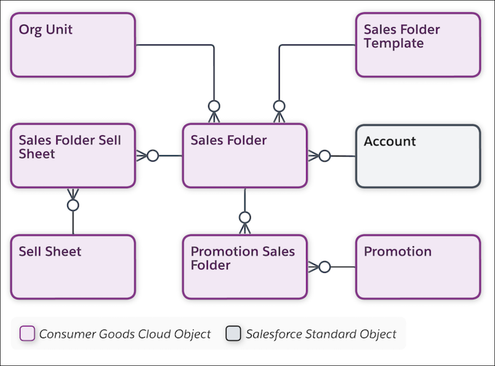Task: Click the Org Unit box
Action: [x=72, y=45]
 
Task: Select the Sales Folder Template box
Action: [x=418, y=45]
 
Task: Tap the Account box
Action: [x=418, y=156]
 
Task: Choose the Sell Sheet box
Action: [x=72, y=267]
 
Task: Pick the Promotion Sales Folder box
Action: [x=244, y=267]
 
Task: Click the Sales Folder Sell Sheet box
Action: [x=72, y=156]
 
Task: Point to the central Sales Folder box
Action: [x=244, y=156]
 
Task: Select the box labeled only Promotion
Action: [x=418, y=267]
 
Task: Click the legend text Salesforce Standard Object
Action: [x=321, y=334]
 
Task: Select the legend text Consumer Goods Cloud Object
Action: [x=125, y=334]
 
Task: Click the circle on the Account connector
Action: [x=325, y=156]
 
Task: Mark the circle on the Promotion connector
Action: [x=325, y=267]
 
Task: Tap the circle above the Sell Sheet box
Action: [x=73, y=205]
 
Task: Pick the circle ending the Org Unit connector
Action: [x=214, y=106]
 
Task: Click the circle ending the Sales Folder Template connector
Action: [x=279, y=106]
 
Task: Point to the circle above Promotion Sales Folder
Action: [x=245, y=217]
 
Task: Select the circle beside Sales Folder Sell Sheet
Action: [x=153, y=156]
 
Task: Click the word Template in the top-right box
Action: [x=394, y=43]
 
